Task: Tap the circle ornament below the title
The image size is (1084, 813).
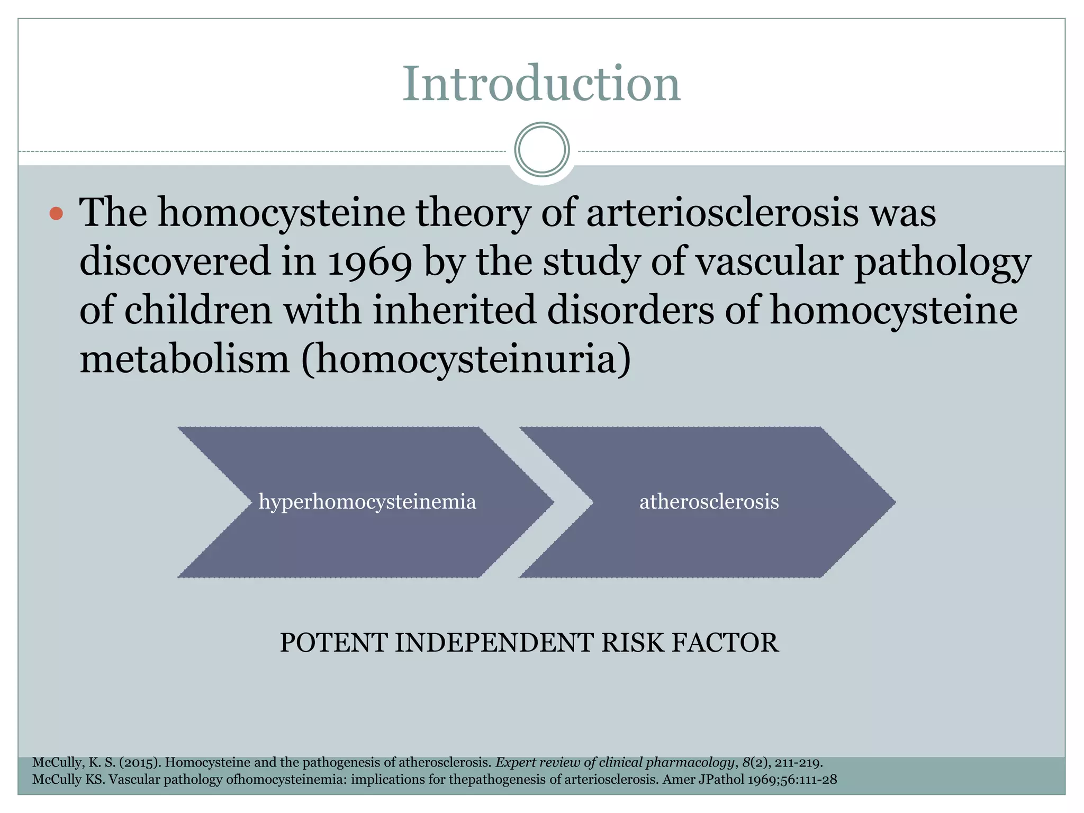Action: pyautogui.click(x=541, y=150)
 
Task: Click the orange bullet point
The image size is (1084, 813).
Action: pyautogui.click(x=56, y=214)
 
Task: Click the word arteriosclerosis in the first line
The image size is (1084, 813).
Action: pyautogui.click(x=722, y=213)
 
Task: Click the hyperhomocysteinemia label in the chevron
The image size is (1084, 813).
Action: pyautogui.click(x=367, y=502)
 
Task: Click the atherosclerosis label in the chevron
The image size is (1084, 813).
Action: pyautogui.click(x=709, y=502)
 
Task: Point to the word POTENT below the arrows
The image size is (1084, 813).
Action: pyautogui.click(x=333, y=643)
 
